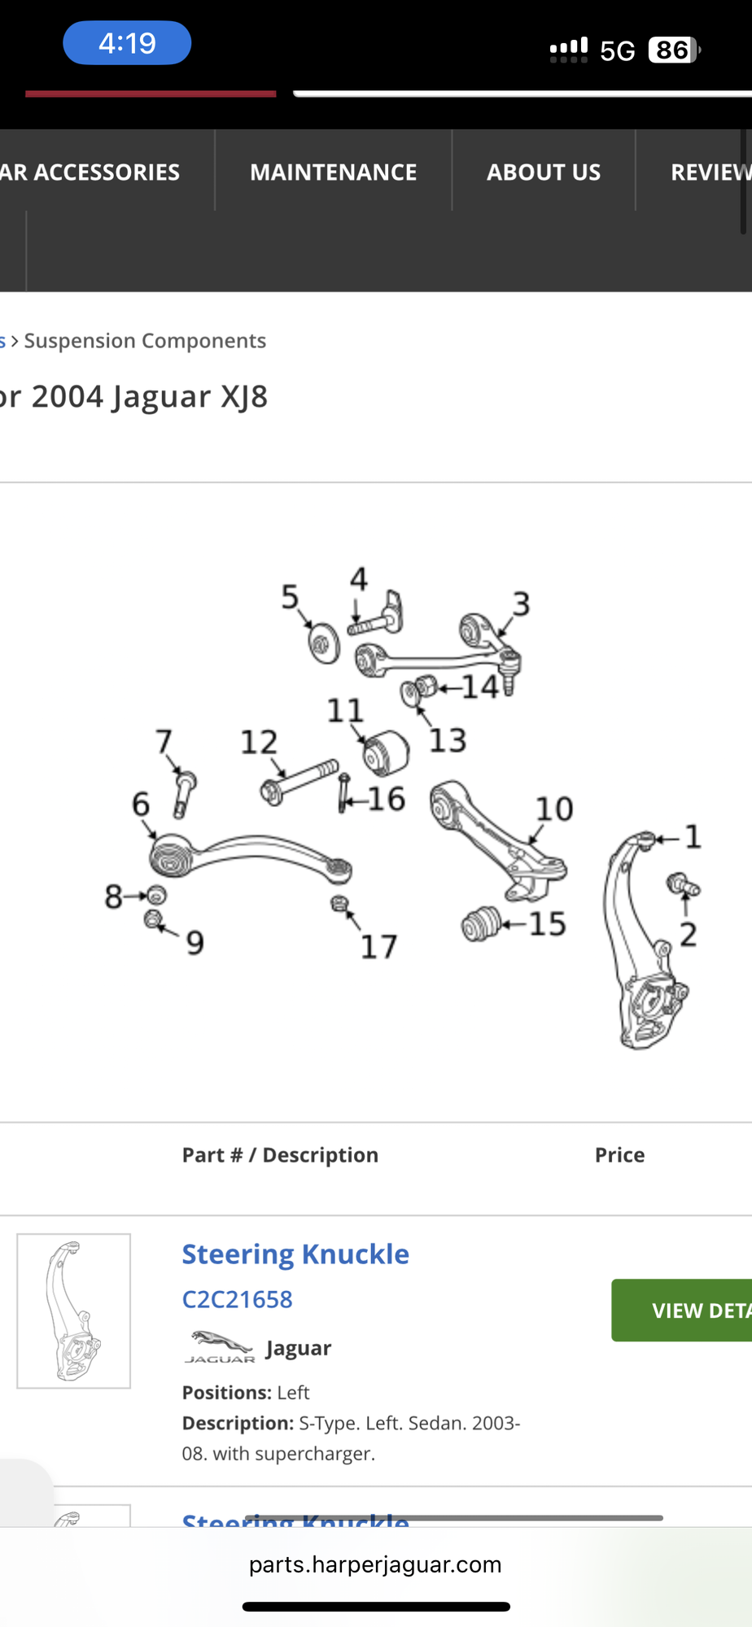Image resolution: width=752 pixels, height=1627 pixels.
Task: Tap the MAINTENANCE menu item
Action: tap(333, 172)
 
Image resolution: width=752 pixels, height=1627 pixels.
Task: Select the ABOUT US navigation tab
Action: tap(544, 172)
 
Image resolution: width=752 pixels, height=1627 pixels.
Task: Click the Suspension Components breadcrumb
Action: tap(145, 341)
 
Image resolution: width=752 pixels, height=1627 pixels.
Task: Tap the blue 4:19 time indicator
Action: tap(127, 43)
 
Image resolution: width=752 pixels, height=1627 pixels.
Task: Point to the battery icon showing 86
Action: tap(673, 50)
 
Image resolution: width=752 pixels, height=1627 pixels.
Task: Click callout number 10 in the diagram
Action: tap(554, 809)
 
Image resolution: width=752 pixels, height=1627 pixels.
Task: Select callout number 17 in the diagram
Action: tap(378, 947)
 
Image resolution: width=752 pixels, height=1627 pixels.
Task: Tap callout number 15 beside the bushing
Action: tap(547, 924)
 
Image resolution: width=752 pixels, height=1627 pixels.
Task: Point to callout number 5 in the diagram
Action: tap(290, 598)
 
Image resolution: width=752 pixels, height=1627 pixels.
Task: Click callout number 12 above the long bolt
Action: tap(259, 742)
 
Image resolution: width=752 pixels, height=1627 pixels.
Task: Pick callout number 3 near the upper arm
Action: tap(521, 604)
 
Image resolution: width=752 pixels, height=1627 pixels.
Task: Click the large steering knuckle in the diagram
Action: tap(643, 944)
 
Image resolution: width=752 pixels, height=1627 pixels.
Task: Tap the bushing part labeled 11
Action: tap(386, 752)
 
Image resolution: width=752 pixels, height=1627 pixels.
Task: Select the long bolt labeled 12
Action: tap(300, 780)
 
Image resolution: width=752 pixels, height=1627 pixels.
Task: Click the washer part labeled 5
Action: tap(324, 643)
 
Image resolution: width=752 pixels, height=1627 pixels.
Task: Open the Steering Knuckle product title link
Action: tap(295, 1254)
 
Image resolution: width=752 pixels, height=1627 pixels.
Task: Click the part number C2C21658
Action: tap(237, 1299)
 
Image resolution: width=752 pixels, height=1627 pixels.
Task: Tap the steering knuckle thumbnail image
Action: tap(74, 1311)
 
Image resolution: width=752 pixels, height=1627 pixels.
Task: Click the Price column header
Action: tap(619, 1155)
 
